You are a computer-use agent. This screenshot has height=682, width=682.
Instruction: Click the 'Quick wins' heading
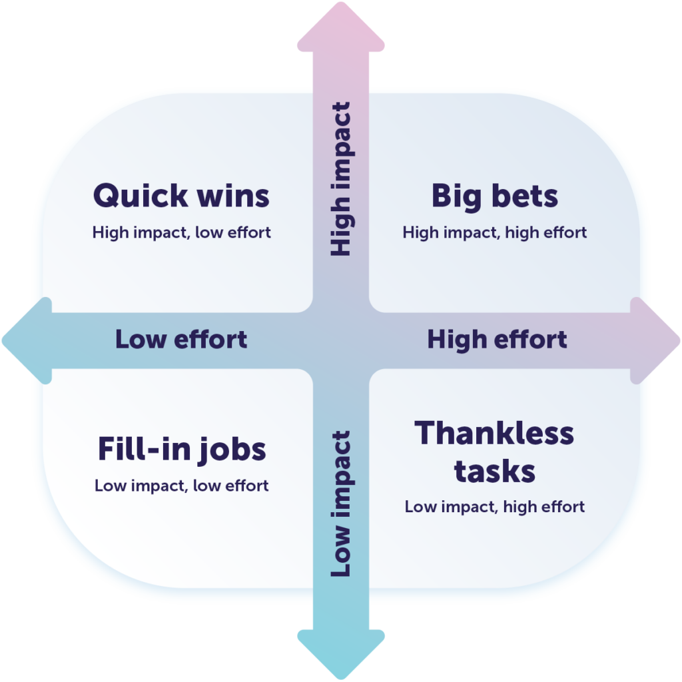(x=181, y=196)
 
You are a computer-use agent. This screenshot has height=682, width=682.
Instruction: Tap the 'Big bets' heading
(x=495, y=196)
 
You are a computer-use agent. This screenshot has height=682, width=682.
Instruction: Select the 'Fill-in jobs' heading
(x=182, y=450)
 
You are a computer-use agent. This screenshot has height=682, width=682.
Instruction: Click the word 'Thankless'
(x=494, y=434)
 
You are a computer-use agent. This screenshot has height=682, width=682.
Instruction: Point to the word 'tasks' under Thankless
(x=495, y=471)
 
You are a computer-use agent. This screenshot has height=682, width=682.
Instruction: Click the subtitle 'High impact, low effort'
(x=181, y=232)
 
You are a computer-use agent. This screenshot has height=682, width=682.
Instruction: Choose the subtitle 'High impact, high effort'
(x=495, y=232)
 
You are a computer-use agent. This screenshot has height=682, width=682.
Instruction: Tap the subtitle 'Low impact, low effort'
(x=181, y=486)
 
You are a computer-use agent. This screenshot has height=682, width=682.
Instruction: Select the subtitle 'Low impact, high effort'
(x=495, y=507)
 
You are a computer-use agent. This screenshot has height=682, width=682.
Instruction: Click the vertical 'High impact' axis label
(x=340, y=178)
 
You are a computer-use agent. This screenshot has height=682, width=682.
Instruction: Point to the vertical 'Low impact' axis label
(x=340, y=504)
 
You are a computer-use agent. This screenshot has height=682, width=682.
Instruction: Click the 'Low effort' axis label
(x=181, y=340)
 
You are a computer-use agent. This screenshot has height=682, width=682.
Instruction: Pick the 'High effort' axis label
(x=497, y=340)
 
